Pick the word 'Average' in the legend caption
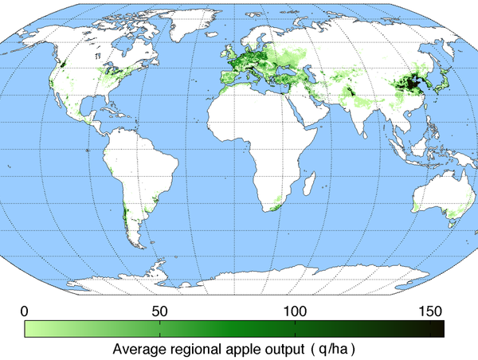coord(139,348)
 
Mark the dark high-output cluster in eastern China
coord(409,84)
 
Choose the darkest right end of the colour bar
coord(439,328)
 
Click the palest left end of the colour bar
coord(29,328)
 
